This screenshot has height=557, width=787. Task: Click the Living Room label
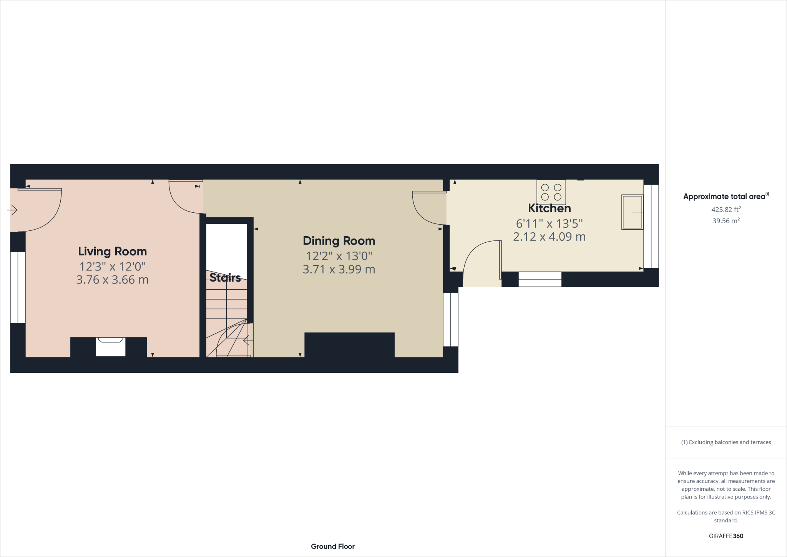(112, 252)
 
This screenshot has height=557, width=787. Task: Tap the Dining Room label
(339, 241)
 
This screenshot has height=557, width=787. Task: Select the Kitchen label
(549, 208)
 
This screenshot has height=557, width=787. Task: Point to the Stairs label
(225, 277)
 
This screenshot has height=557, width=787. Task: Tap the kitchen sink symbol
(632, 212)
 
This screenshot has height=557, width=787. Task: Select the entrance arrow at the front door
(12, 210)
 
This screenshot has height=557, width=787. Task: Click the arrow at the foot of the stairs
(246, 340)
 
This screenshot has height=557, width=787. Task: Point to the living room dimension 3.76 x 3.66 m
(112, 280)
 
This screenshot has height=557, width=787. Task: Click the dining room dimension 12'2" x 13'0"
(339, 256)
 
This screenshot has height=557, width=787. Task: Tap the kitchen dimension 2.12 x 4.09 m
(549, 237)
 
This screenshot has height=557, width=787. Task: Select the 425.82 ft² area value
(726, 210)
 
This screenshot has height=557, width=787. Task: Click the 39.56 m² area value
(726, 221)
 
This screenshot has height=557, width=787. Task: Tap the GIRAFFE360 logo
(726, 536)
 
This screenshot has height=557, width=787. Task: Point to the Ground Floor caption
(333, 546)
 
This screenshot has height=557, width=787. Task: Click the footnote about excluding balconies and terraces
(726, 442)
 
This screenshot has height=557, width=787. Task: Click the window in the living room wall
(18, 287)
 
